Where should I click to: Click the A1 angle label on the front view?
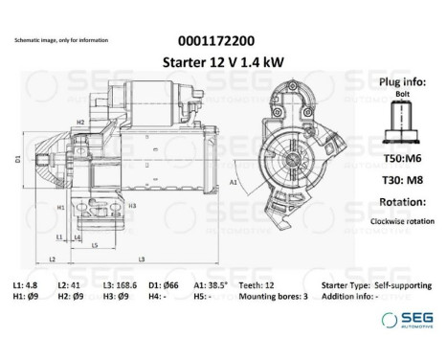click(235, 178)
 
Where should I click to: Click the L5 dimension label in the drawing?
click(96, 245)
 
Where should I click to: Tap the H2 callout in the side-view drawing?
click(80, 123)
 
